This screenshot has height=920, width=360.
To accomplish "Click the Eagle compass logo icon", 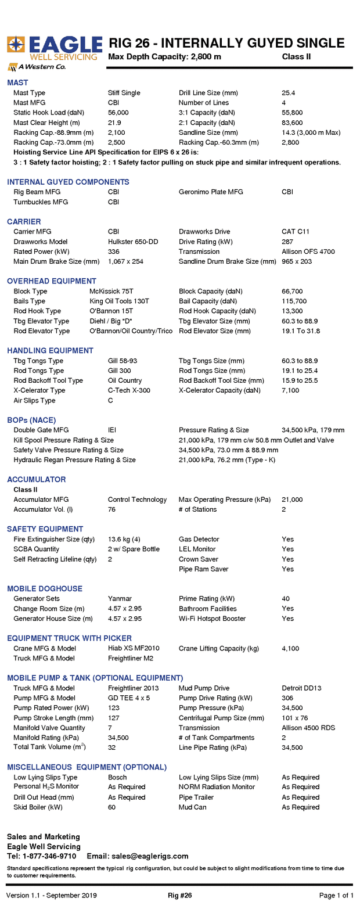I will tap(16, 45).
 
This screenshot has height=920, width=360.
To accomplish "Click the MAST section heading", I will tap(17, 82).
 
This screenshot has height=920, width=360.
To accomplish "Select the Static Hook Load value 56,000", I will tap(118, 113).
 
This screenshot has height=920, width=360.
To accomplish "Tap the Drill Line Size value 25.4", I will tap(289, 93).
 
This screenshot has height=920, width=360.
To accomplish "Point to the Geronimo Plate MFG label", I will tap(211, 192).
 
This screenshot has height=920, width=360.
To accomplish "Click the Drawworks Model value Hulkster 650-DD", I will tap(133, 242).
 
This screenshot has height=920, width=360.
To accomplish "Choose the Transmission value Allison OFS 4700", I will tap(308, 251).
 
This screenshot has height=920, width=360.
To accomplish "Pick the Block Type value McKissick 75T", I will tap(111, 292).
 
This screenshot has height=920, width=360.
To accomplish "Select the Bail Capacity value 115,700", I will tap(294, 301).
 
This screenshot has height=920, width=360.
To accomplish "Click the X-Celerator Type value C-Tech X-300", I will tap(129, 390).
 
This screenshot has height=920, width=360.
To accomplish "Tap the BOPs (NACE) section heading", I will tap(31, 420).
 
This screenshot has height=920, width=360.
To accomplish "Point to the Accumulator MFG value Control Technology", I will tap(137, 499).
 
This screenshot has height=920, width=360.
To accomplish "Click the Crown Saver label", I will tap(199, 559).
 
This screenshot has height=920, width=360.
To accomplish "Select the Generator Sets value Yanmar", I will tap(120, 599).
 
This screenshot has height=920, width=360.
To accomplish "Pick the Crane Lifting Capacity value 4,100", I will tap(290, 648).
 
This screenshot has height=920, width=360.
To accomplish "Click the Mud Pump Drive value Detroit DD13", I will tap(301, 688).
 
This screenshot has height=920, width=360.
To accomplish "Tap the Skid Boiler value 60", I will tap(111, 807).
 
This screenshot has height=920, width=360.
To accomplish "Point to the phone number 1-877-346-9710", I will tap(49, 856).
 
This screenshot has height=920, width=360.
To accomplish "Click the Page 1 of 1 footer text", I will tap(336, 896).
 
